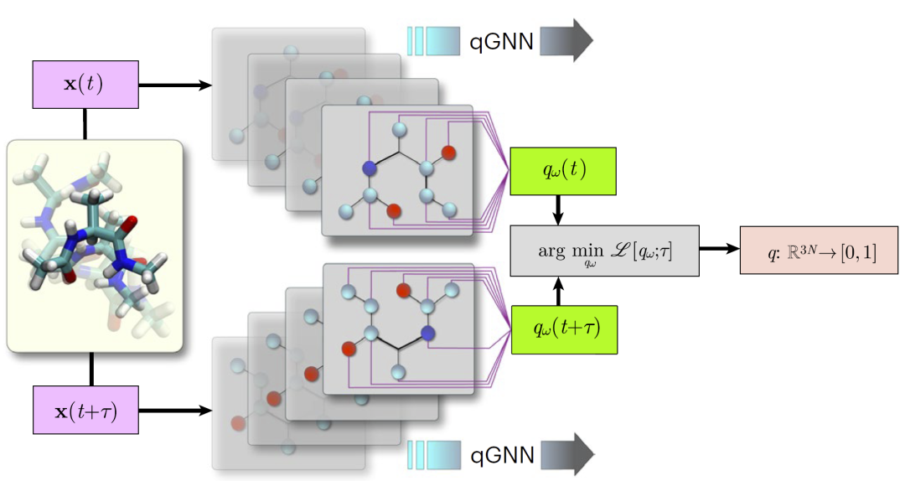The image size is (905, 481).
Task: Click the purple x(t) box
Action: pyautogui.click(x=85, y=85)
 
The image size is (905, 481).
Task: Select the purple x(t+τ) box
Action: pyautogui.click(x=85, y=410)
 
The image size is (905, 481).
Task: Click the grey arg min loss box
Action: pyautogui.click(x=605, y=251)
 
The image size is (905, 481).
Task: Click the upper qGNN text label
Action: pyautogui.click(x=501, y=40)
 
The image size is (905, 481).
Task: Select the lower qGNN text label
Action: pyautogui.click(x=501, y=455)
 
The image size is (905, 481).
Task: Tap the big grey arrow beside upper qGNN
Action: pyautogui.click(x=566, y=40)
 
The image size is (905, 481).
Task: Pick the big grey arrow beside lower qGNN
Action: pyautogui.click(x=566, y=455)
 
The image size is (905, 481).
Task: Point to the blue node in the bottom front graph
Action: pyautogui.click(x=429, y=334)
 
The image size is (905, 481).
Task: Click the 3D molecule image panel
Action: pyautogui.click(x=94, y=245)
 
